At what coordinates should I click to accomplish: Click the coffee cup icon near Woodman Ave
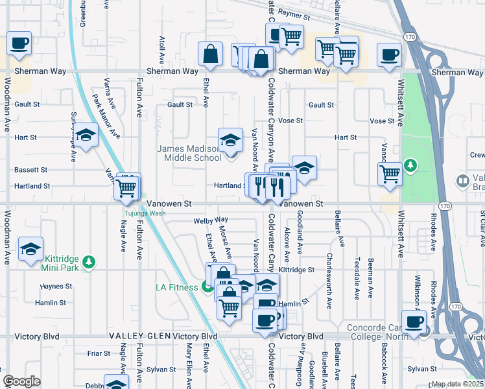19,43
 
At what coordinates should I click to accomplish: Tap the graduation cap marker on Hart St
84,136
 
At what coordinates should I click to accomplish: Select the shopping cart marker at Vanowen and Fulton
126,188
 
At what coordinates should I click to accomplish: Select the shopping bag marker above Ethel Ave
211,55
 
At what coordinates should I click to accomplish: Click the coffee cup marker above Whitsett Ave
389,55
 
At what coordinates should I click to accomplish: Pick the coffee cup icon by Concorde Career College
414,322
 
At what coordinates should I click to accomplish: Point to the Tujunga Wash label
145,213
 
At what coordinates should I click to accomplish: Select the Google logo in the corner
21,381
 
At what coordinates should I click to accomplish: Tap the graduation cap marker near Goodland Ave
304,167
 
